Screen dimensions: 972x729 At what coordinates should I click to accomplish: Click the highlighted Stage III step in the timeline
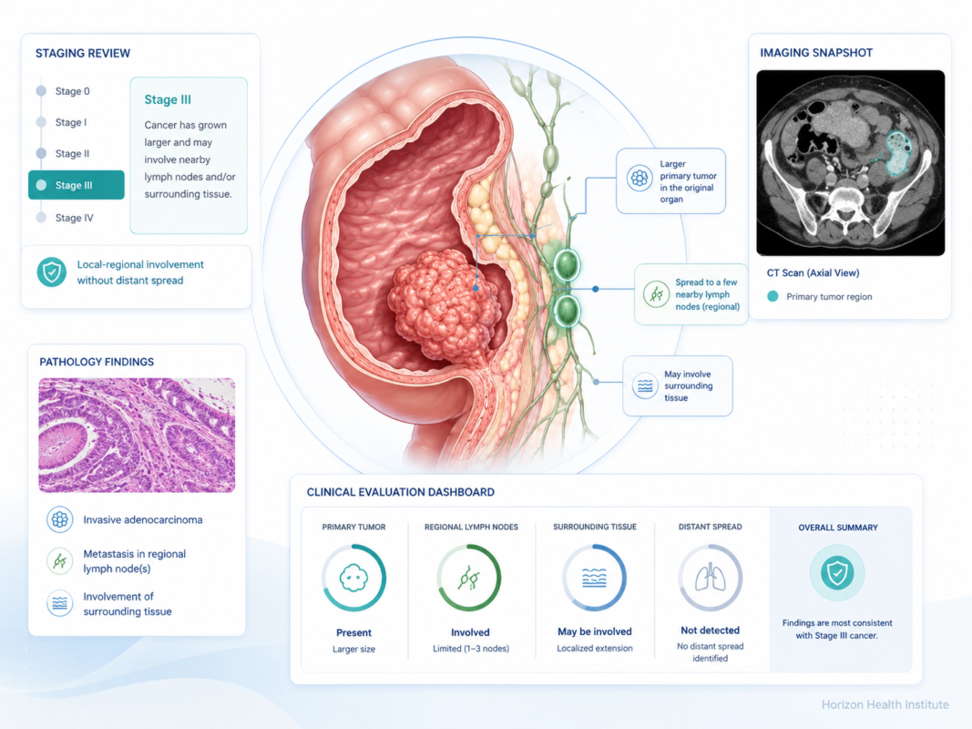pyautogui.click(x=77, y=185)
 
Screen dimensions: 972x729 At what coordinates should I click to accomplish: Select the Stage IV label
pyautogui.click(x=75, y=218)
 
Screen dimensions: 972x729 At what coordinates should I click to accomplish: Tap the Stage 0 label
pyautogui.click(x=73, y=91)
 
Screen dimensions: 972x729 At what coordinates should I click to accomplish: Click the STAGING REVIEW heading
pyautogui.click(x=83, y=54)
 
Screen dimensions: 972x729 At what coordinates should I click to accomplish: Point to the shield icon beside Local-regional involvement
pyautogui.click(x=51, y=272)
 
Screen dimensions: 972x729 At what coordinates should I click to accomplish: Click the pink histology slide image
pyautogui.click(x=137, y=436)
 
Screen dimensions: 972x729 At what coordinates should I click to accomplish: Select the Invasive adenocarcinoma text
pyautogui.click(x=143, y=519)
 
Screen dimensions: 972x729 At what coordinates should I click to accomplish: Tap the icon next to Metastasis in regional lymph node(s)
pyautogui.click(x=59, y=561)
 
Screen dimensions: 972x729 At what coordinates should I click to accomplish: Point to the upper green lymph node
pyautogui.click(x=566, y=264)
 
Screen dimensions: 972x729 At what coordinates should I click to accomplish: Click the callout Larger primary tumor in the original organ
pyautogui.click(x=670, y=181)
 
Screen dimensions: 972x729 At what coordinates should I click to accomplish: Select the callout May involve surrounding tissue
pyautogui.click(x=678, y=385)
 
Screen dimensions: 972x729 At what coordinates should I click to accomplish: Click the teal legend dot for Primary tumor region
pyautogui.click(x=772, y=296)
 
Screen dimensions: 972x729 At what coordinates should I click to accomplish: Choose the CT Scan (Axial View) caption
pyautogui.click(x=813, y=272)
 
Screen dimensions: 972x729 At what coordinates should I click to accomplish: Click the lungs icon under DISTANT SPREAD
pyautogui.click(x=711, y=579)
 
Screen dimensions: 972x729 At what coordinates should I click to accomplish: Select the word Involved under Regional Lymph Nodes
pyautogui.click(x=470, y=632)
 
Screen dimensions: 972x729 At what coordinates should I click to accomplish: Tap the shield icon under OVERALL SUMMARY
pyautogui.click(x=837, y=573)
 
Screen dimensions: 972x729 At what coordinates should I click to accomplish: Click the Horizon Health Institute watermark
pyautogui.click(x=885, y=704)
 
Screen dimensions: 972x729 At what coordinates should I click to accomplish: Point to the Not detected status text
pyautogui.click(x=711, y=631)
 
